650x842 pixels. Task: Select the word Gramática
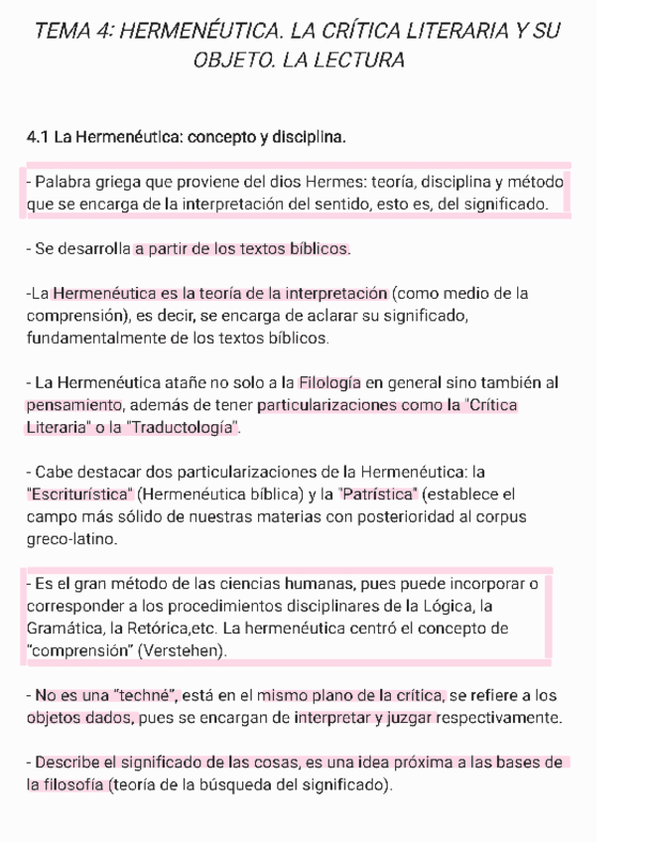click(67, 629)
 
